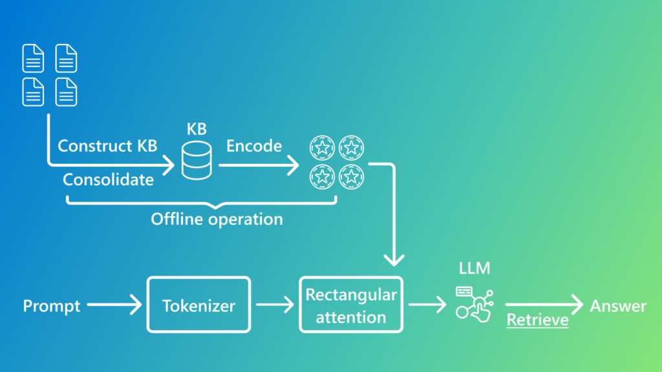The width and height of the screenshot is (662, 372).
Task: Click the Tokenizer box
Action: click(198, 305)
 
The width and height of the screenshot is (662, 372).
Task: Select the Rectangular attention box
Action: click(351, 305)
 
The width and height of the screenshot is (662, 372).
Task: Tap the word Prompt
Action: click(52, 305)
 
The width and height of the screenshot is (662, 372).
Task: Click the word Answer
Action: click(617, 305)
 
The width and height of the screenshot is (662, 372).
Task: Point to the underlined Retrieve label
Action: click(537, 320)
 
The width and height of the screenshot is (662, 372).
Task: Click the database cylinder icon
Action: click(197, 162)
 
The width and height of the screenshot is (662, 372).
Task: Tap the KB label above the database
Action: click(197, 129)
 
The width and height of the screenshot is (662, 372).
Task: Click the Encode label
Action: click(253, 146)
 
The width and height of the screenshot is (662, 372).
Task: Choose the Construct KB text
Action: click(107, 146)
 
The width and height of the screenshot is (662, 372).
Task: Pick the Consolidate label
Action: click(108, 180)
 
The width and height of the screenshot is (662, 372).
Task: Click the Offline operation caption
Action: click(217, 219)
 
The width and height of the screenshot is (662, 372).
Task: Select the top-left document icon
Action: click(34, 58)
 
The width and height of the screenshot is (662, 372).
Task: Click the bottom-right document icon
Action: click(67, 92)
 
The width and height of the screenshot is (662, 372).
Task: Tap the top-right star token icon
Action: click(351, 148)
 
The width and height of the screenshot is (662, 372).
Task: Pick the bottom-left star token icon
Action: click(322, 176)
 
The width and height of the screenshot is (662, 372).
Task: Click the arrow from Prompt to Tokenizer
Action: click(114, 305)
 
